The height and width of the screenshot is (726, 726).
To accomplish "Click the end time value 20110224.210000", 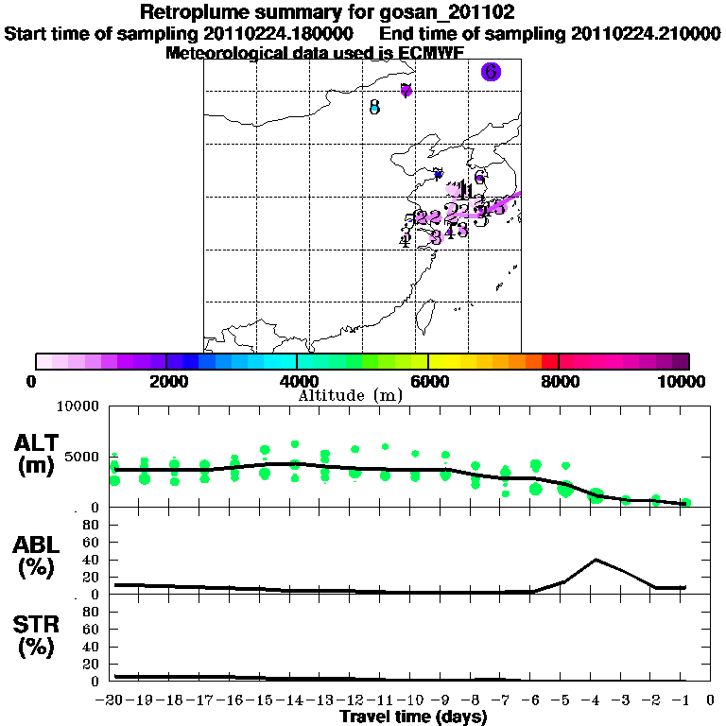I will (646, 33).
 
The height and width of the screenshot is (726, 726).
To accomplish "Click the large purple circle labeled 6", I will (490, 72).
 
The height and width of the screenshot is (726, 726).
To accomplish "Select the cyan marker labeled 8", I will (374, 108).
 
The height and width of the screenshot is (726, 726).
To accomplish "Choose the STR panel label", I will (37, 633).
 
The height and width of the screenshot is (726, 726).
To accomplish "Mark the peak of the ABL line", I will (596, 559).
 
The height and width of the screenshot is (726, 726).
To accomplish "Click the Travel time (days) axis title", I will (413, 717).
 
